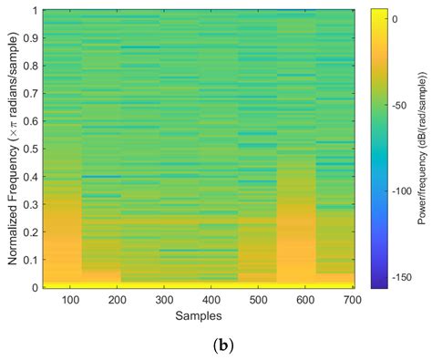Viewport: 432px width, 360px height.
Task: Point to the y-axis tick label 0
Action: pos(32,289)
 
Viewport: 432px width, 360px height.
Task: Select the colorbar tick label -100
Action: pos(409,191)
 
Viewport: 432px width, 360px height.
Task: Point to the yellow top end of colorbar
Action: pos(381,13)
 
